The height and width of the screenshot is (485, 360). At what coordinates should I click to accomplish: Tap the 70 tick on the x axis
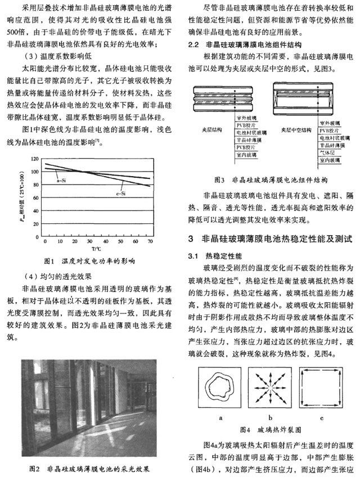[x=150, y=241]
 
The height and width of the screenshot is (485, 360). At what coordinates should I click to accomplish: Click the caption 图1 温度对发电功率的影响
[x=89, y=262]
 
